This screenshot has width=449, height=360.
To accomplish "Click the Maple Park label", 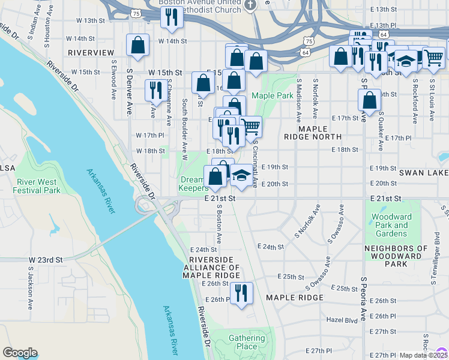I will (273, 95).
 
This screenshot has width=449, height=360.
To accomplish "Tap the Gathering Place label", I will (247, 342).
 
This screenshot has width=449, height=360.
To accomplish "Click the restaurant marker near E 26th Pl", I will (241, 293).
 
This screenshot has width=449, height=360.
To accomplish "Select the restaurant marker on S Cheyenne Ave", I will (156, 91).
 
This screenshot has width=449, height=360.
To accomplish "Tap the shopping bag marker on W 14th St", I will (138, 44).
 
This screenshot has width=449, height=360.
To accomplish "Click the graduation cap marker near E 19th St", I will (241, 175).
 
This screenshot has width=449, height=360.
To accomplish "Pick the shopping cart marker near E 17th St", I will (251, 127).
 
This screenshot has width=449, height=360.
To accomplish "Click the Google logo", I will (20, 353).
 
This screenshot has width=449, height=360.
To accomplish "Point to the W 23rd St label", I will (46, 260).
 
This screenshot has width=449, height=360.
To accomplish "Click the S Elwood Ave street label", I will (113, 79).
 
